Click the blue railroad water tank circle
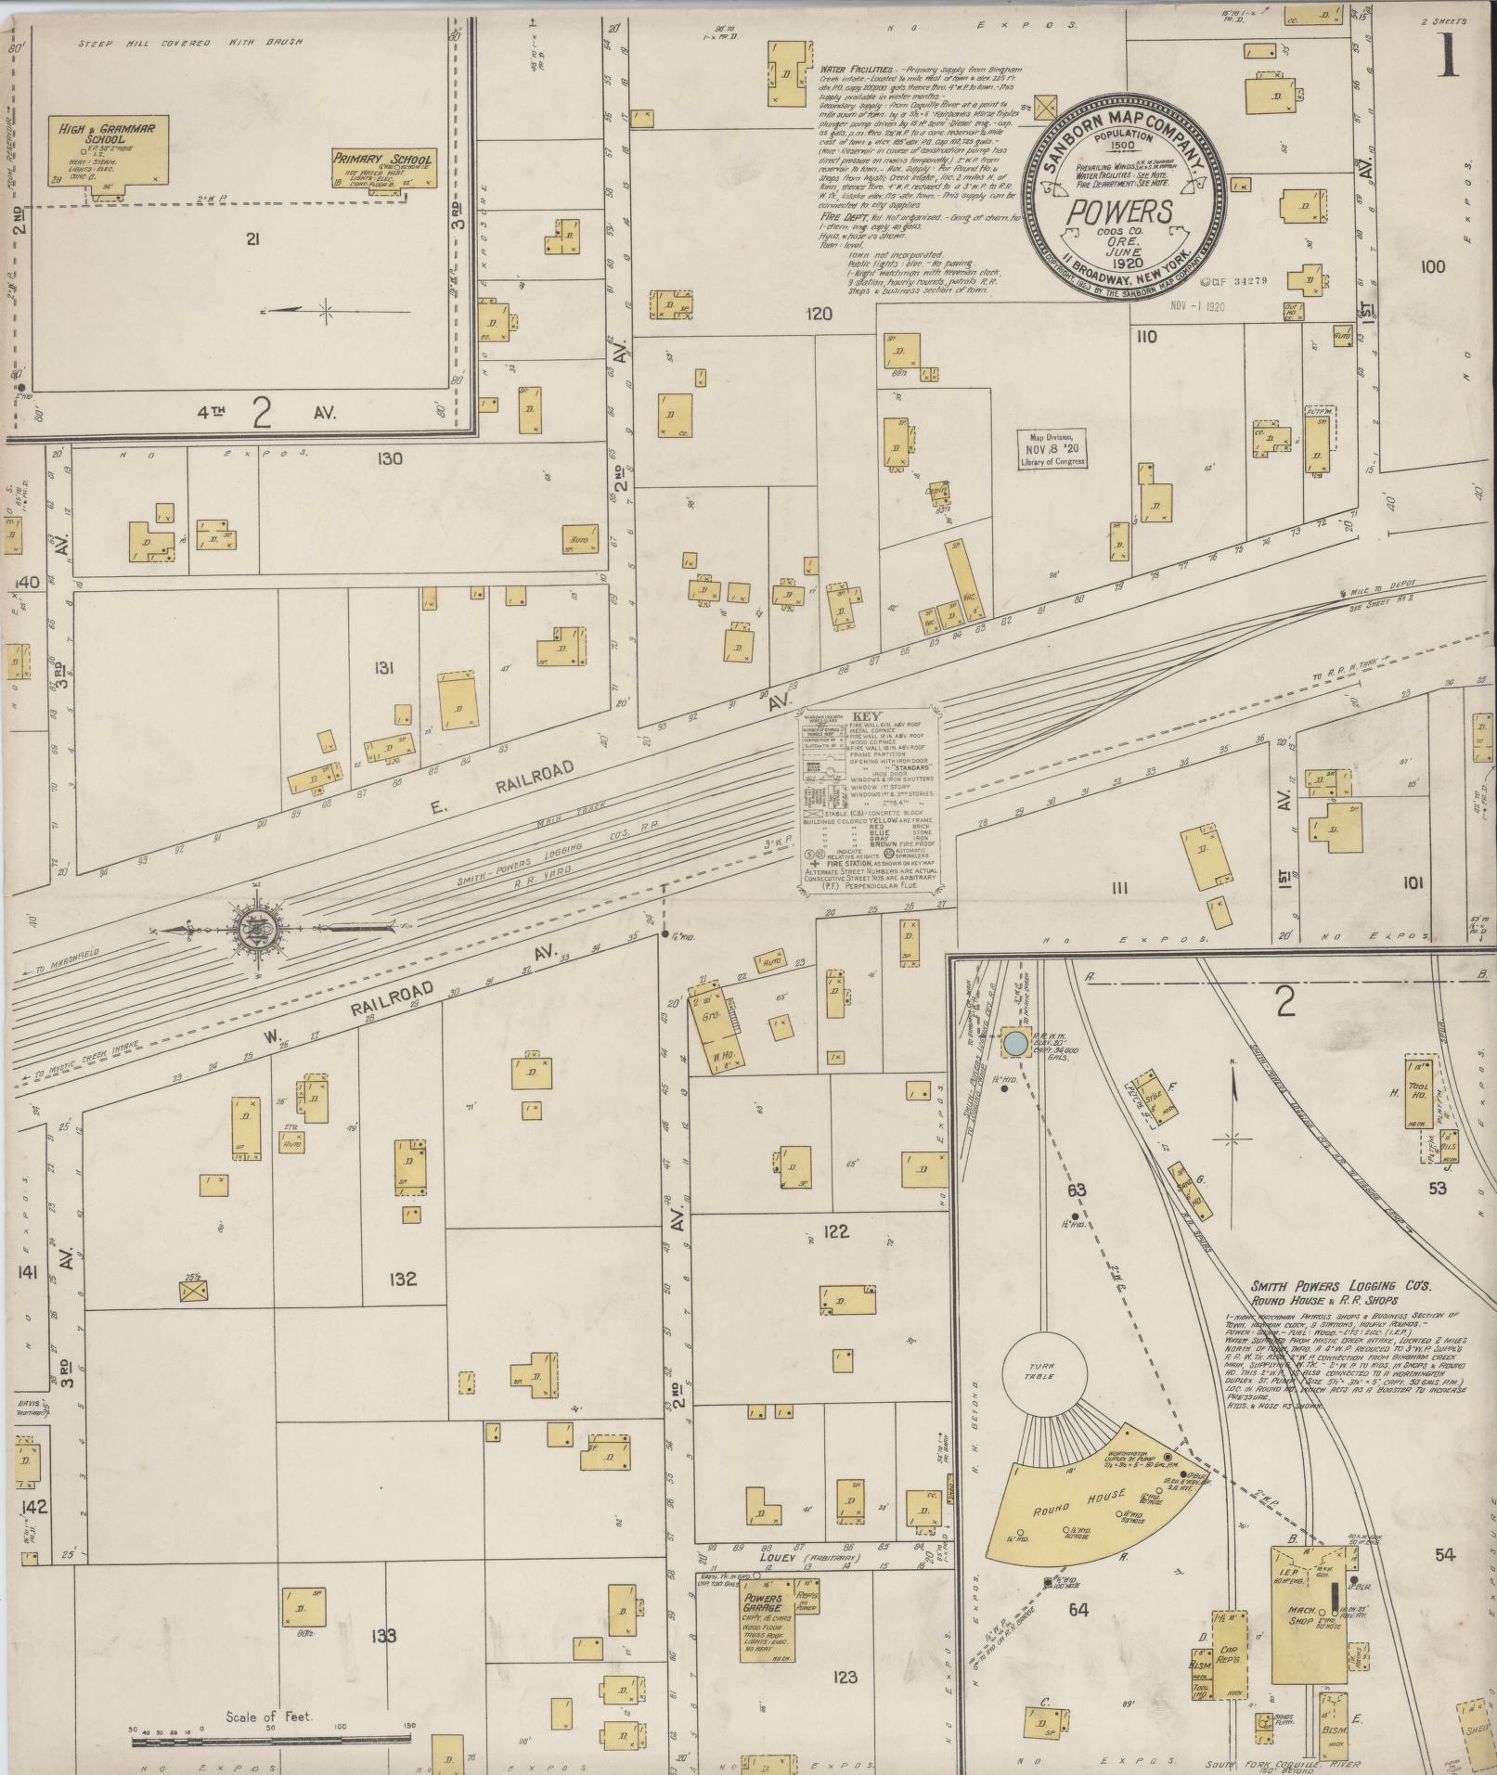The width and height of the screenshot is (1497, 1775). (1015, 1043)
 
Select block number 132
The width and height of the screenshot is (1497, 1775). (404, 1280)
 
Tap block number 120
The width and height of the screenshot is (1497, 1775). (819, 315)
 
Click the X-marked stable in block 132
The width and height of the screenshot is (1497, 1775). (193, 1292)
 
